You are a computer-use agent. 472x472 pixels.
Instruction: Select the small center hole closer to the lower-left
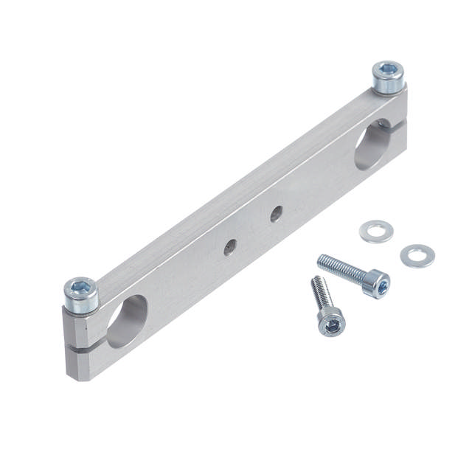tap(230, 247)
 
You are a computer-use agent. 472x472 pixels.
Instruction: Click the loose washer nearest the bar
tap(376, 232)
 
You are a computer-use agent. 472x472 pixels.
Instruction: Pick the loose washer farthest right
tap(417, 256)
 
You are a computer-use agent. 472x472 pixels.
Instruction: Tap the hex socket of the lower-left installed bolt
tap(80, 287)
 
